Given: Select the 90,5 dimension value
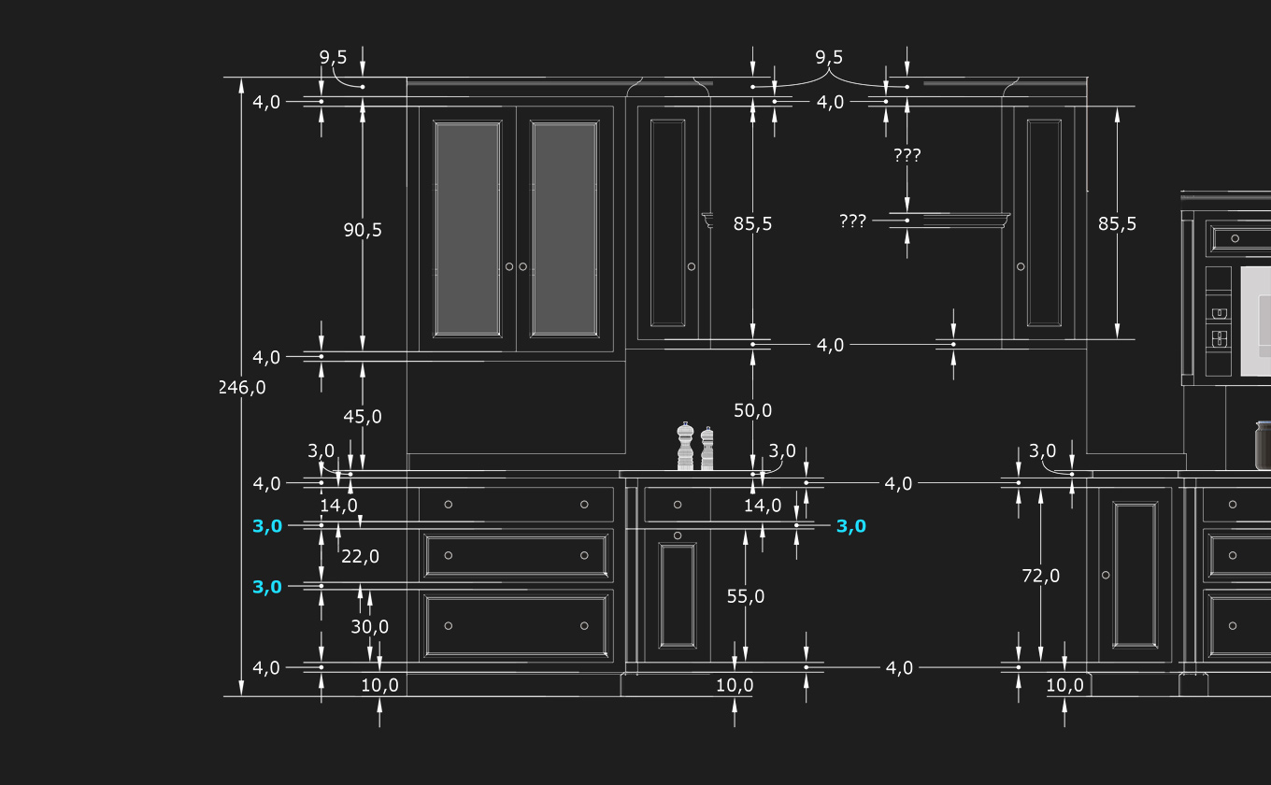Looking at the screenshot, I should pos(363,230).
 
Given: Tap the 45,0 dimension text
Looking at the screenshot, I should pos(363,417).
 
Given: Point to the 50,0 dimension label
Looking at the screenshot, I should pos(752,410).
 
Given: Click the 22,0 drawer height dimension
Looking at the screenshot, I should pos(360,556).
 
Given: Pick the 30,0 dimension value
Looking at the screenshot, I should pos(370,627).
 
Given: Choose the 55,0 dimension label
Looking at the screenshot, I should pos(745,596).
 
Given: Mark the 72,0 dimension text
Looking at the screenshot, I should pos(1041,576).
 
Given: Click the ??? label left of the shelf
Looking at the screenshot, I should pos(852,221).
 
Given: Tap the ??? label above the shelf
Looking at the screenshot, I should pos(907,155).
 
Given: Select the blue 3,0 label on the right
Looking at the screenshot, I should pos(850,526).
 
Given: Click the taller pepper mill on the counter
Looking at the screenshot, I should pos(685,447).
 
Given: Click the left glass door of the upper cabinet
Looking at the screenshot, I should pos(467,228).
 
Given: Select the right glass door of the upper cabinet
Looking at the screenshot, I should pos(564,228).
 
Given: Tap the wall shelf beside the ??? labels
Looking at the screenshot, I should pos(963,221).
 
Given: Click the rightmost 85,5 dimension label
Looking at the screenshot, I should pos(1117,224).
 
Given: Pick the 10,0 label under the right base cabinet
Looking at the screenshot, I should pos(1064,685).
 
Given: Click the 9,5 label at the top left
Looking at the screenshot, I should pos(333,58).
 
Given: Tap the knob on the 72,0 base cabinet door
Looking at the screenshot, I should pos(1106,575).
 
